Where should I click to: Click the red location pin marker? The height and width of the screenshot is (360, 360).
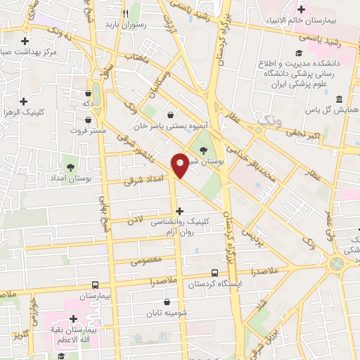(181, 165)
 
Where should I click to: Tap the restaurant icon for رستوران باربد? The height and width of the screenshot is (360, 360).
(124, 13)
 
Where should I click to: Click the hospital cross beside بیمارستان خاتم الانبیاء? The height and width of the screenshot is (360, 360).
(301, 9)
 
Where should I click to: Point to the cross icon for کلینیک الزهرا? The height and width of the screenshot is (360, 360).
(25, 101)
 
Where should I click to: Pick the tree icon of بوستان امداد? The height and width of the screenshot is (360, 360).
(70, 167)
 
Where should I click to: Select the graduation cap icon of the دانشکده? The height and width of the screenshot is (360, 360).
(300, 53)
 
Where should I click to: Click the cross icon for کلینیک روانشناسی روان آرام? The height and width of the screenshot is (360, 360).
(180, 210)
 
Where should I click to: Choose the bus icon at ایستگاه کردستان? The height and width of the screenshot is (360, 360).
(214, 274)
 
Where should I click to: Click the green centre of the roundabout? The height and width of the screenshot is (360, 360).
(337, 263)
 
